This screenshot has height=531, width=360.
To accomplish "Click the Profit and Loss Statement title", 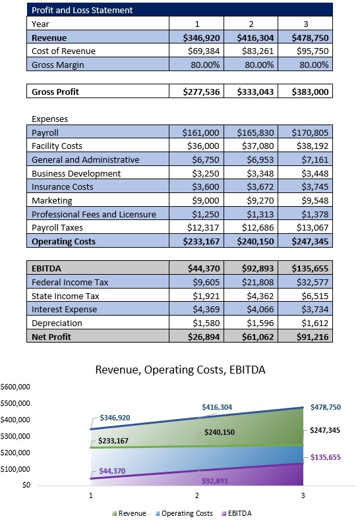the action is [82, 10].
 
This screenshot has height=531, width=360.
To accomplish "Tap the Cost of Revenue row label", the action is [63, 51].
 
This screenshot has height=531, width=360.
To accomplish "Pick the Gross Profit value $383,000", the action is [309, 92].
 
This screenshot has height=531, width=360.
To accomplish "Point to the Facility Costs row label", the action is [62, 146].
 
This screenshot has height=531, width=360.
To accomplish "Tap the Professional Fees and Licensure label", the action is [94, 213].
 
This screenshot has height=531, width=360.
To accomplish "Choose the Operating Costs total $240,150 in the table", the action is [255, 241].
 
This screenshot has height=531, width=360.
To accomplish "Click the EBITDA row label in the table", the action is [45, 268].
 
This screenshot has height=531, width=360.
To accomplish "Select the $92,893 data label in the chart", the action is [214, 481].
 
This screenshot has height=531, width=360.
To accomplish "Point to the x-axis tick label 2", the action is [196, 494].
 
